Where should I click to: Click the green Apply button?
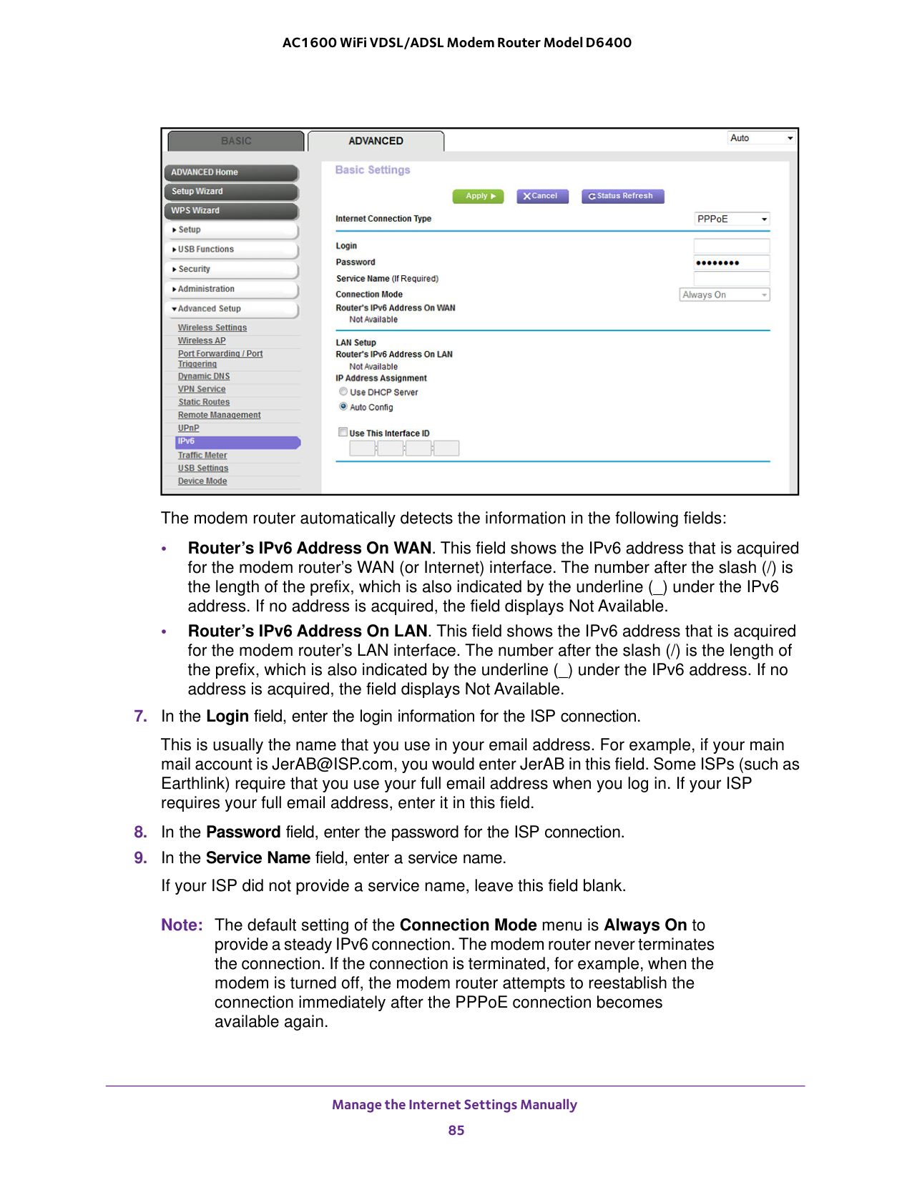click(479, 196)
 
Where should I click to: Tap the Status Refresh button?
click(622, 196)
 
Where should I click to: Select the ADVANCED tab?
click(376, 141)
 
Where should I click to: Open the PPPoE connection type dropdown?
click(732, 219)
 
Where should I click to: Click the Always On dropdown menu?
click(724, 295)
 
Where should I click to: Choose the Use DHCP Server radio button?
click(343, 392)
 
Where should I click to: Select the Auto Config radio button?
click(343, 407)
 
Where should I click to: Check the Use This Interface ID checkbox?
click(343, 433)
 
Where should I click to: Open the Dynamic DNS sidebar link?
click(204, 376)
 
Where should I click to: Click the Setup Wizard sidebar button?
click(231, 192)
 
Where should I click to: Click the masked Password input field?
click(731, 262)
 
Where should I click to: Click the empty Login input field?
click(731, 246)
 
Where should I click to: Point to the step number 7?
click(140, 717)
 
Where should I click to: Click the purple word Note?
click(182, 925)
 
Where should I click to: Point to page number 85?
click(456, 1131)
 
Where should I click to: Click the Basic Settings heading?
click(373, 170)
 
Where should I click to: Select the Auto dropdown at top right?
click(761, 138)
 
